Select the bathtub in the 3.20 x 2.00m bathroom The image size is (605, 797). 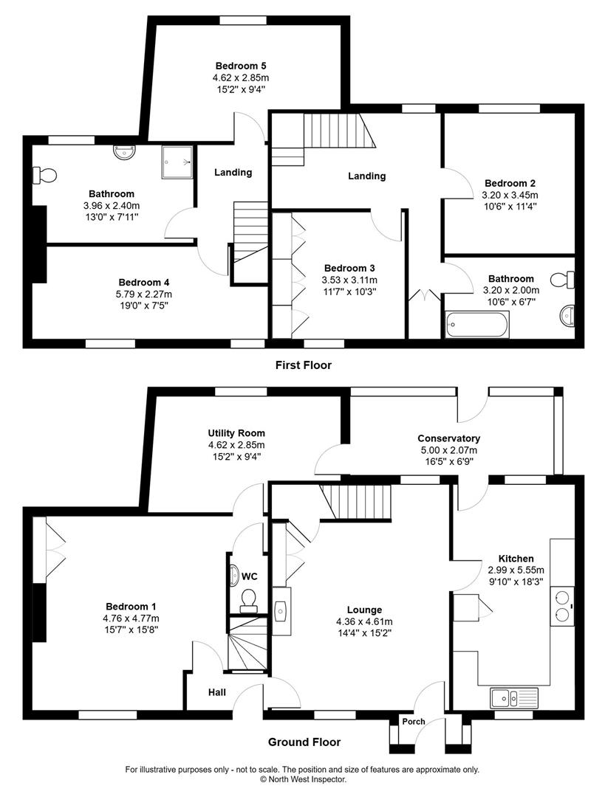pos(477,323)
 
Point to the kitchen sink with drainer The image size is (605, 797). pos(515,697)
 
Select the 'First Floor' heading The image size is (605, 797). pos(303,365)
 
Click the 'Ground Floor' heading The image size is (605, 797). pos(304,742)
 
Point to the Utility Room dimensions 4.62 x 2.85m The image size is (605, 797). pos(236,445)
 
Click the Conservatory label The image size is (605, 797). pos(448,438)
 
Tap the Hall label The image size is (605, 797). pos(216,692)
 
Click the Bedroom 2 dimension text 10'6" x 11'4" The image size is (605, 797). pos(510,207)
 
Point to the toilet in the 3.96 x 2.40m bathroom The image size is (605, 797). pos(46,176)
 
